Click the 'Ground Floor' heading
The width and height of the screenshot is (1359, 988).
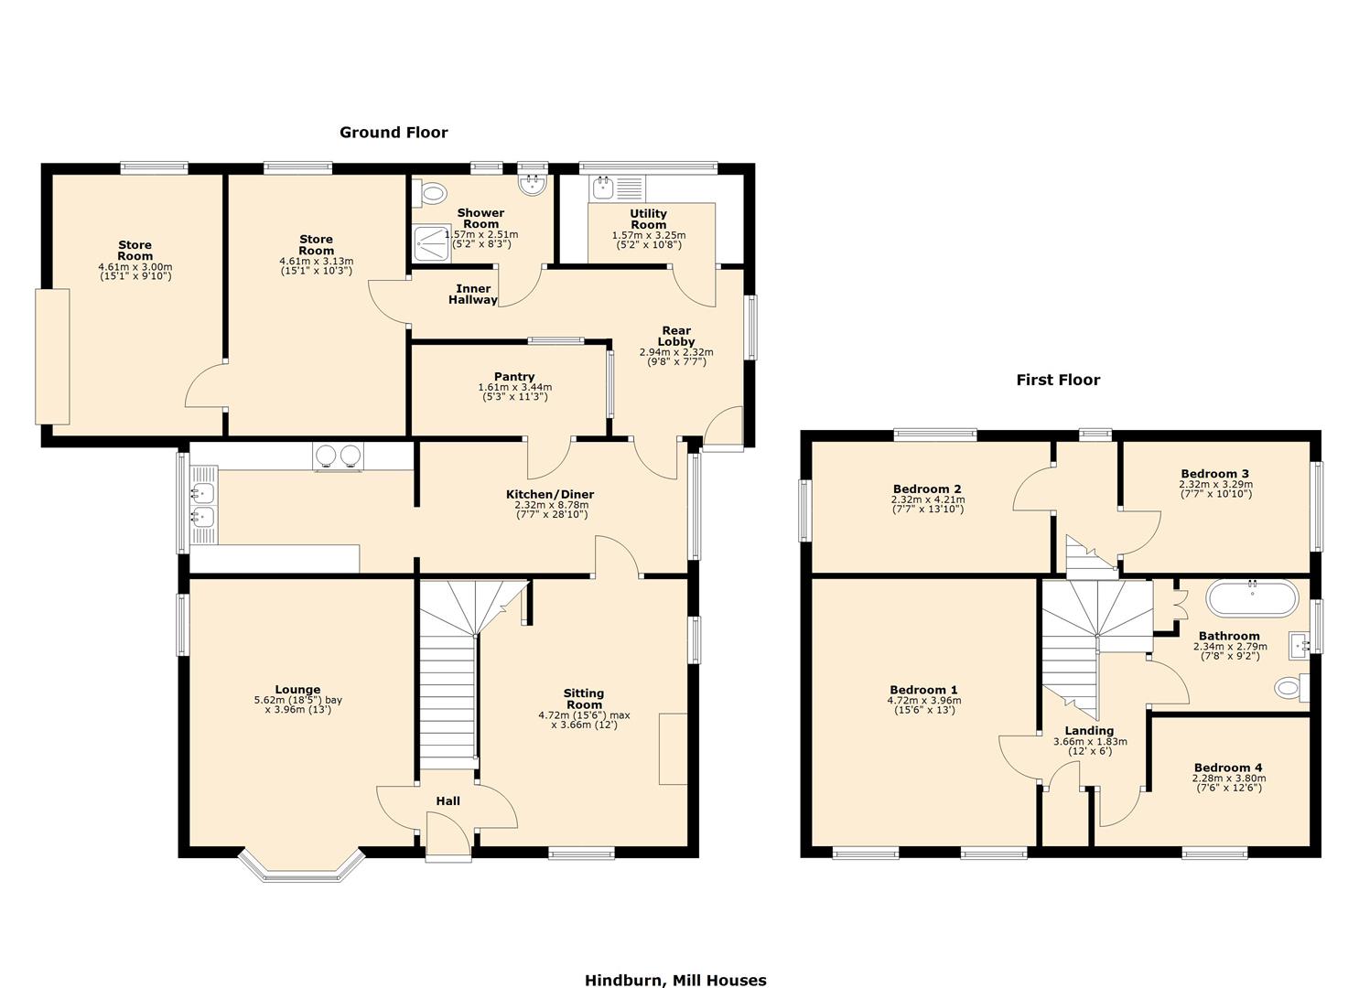click(394, 133)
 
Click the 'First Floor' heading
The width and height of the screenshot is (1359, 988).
click(1058, 380)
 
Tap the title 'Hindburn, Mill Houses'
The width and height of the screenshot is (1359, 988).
click(675, 980)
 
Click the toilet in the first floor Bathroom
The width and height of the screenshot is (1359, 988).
click(1291, 687)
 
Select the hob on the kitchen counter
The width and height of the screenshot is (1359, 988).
click(338, 456)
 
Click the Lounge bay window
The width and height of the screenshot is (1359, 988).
click(301, 867)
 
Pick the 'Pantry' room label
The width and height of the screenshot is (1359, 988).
click(514, 377)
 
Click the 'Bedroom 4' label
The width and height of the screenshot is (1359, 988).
click(1228, 768)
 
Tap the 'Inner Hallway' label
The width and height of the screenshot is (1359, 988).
click(473, 295)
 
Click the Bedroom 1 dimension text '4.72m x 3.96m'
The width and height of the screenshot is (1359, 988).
click(923, 701)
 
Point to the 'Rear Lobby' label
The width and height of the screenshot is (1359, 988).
click(676, 336)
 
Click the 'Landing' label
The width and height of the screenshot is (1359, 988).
click(1089, 731)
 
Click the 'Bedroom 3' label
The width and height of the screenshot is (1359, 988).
click(1214, 474)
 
